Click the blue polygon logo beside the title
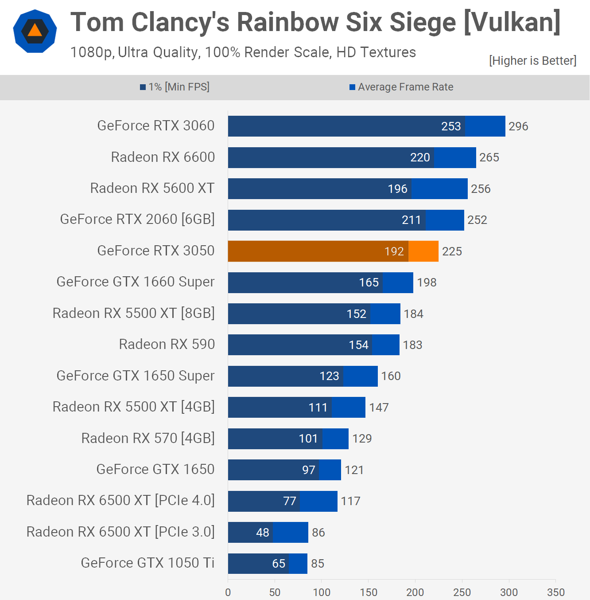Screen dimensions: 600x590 [x=35, y=31]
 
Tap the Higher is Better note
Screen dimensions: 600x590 [x=532, y=61]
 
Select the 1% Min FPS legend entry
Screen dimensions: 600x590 [x=175, y=87]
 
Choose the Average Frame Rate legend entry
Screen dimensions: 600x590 [x=401, y=87]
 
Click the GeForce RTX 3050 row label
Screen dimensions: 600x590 [x=156, y=251]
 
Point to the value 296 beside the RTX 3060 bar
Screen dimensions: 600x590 [x=518, y=126]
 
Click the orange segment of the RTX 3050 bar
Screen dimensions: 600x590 [x=423, y=251]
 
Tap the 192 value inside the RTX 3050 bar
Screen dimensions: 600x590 [x=394, y=251]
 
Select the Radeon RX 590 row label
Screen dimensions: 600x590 [x=167, y=344]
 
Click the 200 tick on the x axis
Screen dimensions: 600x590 [x=415, y=592]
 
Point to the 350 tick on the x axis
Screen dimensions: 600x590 [x=555, y=592]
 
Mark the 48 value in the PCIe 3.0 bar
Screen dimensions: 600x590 [x=263, y=532]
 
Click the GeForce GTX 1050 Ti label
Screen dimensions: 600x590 [x=147, y=563]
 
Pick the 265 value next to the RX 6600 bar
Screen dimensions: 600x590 [x=489, y=157]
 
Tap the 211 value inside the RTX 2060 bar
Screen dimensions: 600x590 [x=411, y=220]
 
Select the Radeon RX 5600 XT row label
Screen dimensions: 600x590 [x=152, y=188]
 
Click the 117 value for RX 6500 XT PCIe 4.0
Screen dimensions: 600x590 [x=350, y=501]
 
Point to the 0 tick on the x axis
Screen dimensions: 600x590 [x=228, y=592]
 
